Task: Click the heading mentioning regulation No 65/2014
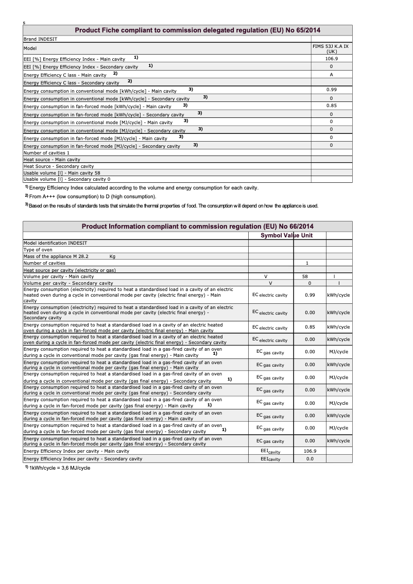coord(198,30)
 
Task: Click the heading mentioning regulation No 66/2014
coord(198,227)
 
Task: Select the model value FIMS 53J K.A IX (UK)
coord(331,48)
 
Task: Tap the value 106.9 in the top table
coord(331,59)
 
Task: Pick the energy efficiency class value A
coord(331,74)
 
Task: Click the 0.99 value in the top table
coord(331,90)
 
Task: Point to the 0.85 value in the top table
coord(331,106)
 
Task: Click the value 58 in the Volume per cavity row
coord(305,277)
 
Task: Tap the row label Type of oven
coord(38,250)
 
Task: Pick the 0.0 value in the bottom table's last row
coord(309,459)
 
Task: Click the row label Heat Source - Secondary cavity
coord(59,166)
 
